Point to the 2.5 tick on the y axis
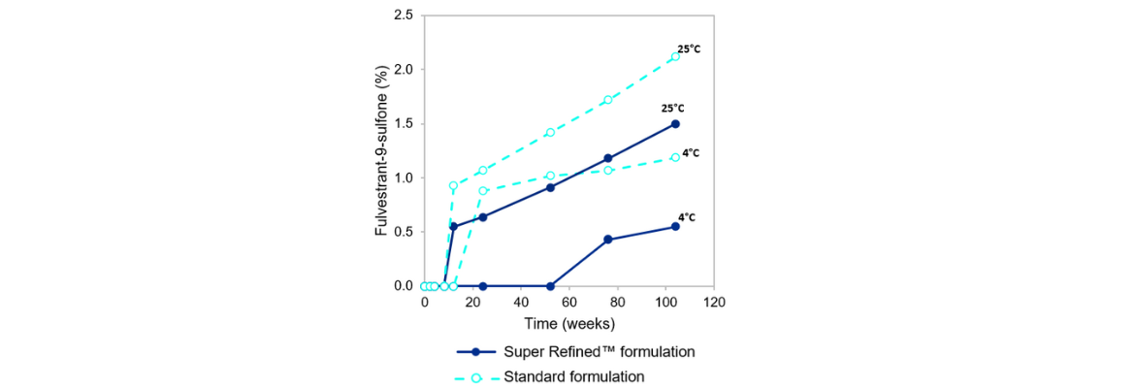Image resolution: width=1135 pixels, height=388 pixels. (404, 16)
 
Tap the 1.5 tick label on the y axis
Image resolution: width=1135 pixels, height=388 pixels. (404, 124)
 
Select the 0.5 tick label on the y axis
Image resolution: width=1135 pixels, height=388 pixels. (404, 232)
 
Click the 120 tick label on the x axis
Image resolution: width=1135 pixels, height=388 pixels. (714, 303)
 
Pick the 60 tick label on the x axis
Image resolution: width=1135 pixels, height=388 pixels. (568, 303)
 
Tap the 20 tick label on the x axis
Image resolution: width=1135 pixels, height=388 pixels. (472, 303)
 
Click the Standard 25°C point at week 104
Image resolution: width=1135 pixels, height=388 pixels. (675, 57)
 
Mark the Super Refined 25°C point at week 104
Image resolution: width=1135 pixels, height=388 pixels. (675, 124)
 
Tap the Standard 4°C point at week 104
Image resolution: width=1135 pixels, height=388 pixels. (675, 157)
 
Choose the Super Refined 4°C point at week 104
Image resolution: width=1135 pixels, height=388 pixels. (675, 227)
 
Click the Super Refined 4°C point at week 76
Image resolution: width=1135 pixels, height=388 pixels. (608, 240)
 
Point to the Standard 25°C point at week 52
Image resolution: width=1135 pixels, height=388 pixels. (550, 133)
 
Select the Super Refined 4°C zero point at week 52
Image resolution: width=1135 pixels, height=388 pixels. (550, 286)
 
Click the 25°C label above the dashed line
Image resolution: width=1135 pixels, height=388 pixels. (689, 48)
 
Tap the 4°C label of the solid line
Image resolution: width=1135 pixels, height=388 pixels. (687, 217)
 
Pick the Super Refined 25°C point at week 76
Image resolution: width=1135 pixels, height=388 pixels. (608, 158)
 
